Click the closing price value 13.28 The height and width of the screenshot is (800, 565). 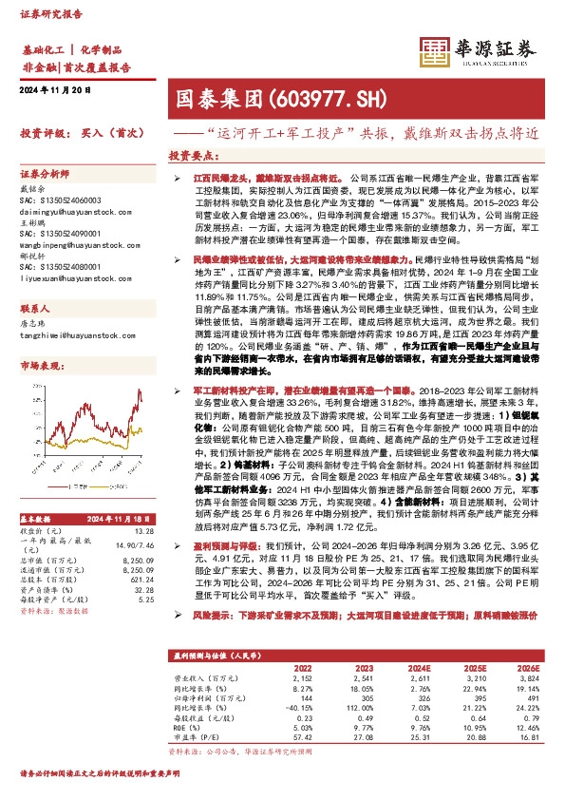(143, 530)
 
